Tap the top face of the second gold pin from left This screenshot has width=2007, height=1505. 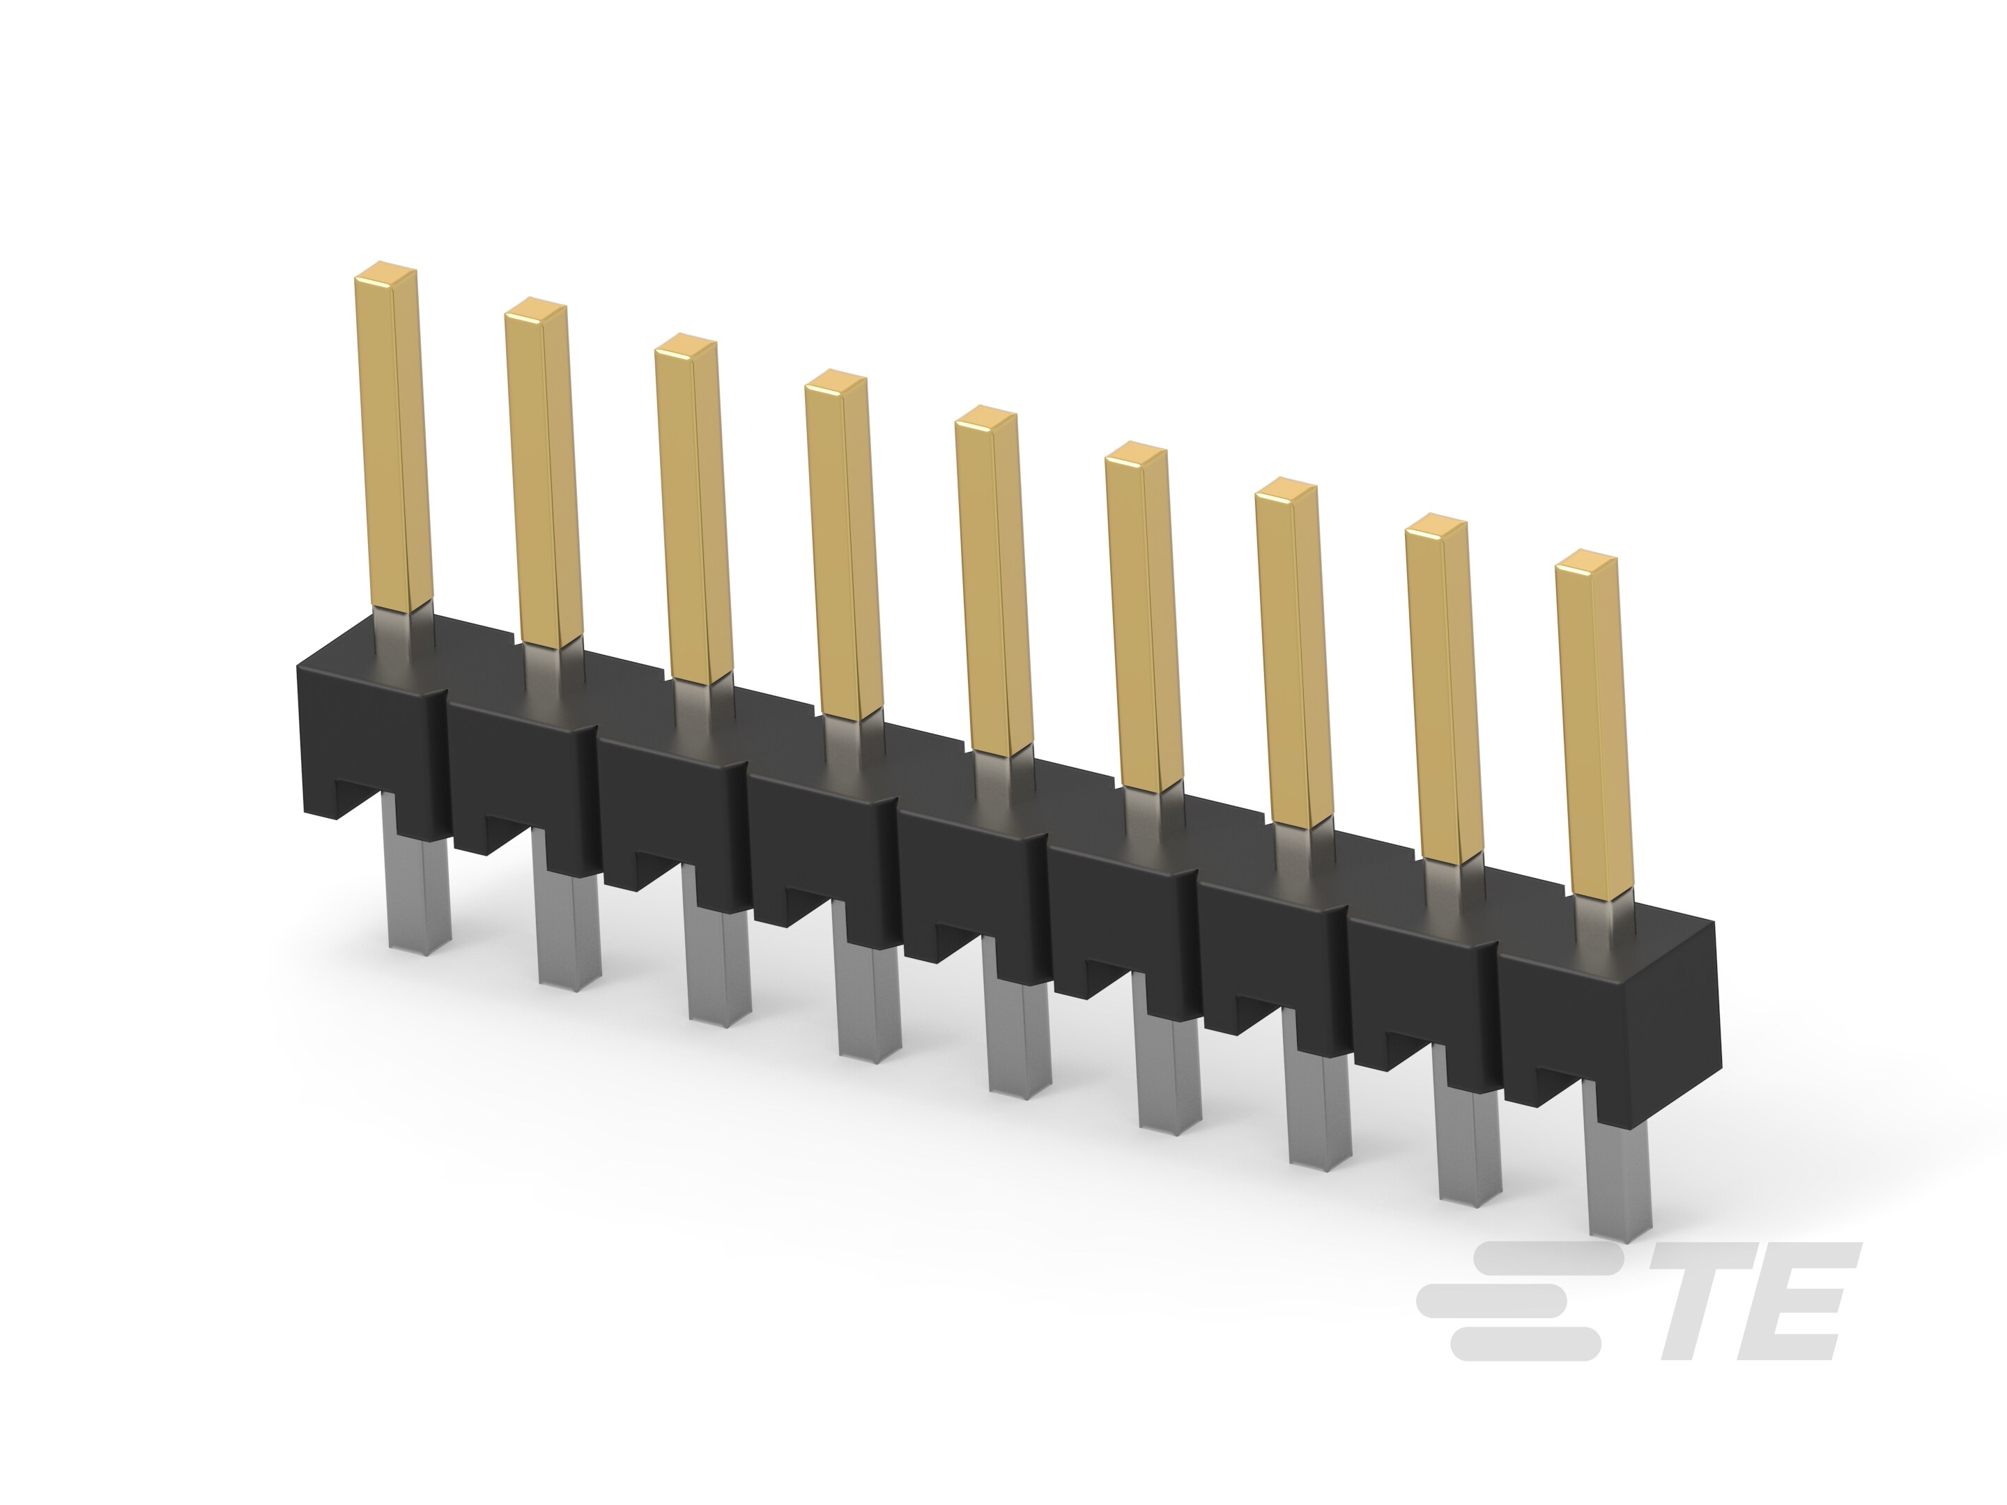pyautogui.click(x=536, y=310)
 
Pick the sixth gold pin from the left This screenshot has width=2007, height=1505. pyautogui.click(x=1144, y=617)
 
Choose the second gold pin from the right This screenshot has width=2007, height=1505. pyautogui.click(x=1443, y=690)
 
